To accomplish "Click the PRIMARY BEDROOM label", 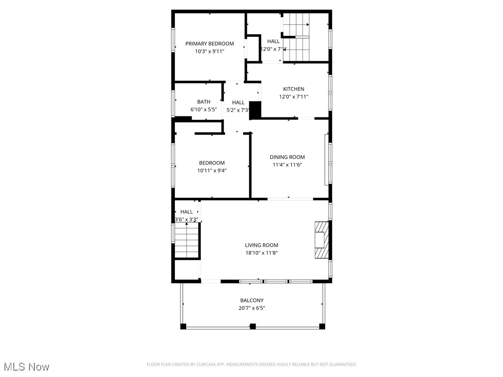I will coord(209,44).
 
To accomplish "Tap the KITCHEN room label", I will coord(293,89).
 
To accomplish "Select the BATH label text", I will coord(204,102).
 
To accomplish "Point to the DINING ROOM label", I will coord(287,157).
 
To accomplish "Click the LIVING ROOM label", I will coord(261,245).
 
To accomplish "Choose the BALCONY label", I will coord(251,300).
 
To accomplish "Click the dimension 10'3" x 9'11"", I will coord(209,51).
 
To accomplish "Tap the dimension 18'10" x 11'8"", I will coord(261,253).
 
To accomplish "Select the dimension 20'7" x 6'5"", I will coord(251,308).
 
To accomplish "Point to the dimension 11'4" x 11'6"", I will coord(287,165).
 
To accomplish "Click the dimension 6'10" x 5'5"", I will coord(204,109).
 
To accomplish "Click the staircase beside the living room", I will coord(187,241).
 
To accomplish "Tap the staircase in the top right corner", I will coord(298,37).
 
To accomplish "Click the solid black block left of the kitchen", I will coord(255,110).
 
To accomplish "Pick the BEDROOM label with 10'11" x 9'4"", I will coord(212,163).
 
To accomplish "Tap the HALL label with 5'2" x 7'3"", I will coord(238,103).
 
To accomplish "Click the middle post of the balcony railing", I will coord(252,325).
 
